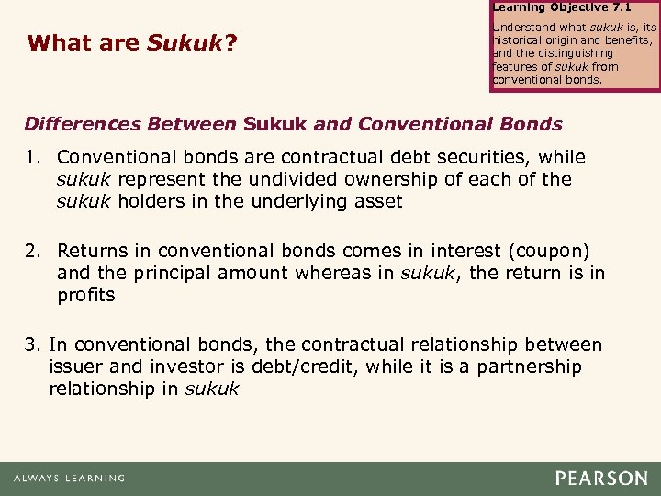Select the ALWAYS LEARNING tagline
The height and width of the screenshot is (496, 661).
tap(69, 479)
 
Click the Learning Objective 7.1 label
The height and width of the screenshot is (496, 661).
tap(549, 7)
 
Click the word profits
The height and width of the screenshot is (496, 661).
tap(86, 294)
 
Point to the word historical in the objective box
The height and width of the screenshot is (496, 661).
tap(521, 41)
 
